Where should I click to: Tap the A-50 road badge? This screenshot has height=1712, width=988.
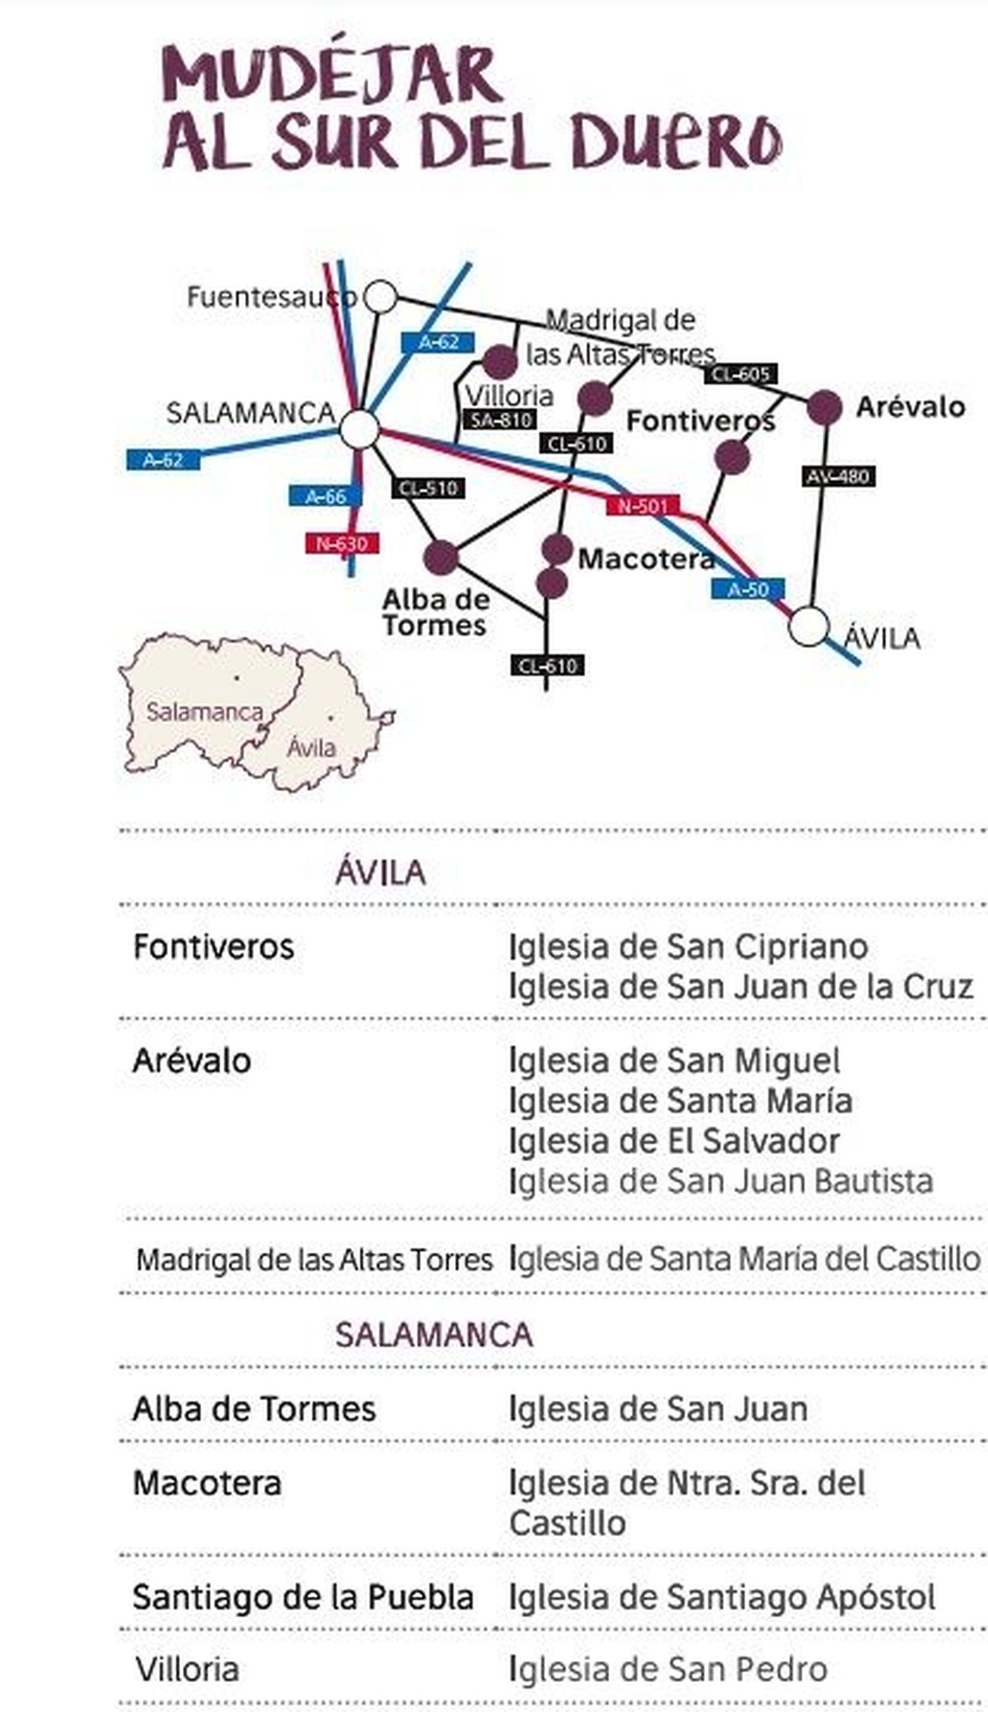pos(748,589)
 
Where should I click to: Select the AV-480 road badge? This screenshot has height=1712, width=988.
pos(838,476)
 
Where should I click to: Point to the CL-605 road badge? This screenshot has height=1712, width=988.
pos(740,374)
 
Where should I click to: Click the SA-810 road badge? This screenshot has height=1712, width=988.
pos(500,420)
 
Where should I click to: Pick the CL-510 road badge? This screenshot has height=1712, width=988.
pos(428,488)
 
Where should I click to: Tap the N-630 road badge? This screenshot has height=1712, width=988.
pos(342,543)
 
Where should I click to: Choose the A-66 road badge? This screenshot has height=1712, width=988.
pos(325,496)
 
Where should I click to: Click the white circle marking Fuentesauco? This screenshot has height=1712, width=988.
pos(380,297)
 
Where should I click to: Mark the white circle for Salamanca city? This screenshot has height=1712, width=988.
pos(359,429)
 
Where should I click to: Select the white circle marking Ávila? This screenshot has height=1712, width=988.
pos(809,626)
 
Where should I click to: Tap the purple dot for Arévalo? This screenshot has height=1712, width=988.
pos(824,407)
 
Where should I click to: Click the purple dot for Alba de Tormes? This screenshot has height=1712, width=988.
pos(441,558)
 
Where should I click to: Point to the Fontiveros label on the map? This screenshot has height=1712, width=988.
pos(700,421)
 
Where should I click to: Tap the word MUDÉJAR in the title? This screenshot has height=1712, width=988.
pos(332,75)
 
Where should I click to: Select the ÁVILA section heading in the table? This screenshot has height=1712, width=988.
pos(380,872)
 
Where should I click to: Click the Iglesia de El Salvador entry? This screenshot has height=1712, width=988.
pos(674,1141)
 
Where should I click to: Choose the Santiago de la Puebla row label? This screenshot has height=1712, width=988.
pos(303,1596)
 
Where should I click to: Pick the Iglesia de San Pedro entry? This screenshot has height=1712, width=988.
pos(668,1669)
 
